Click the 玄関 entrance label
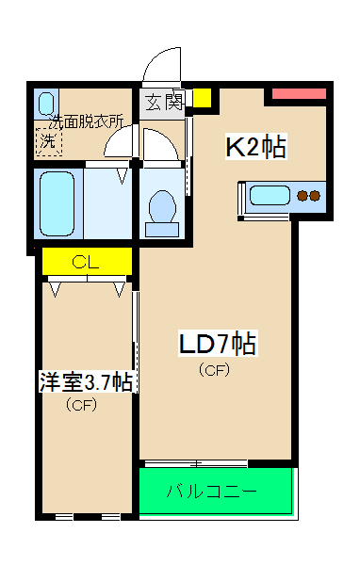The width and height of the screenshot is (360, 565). pos(163,102)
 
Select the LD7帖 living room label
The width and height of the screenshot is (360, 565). pos(218,343)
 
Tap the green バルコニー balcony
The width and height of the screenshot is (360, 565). pos(216,491)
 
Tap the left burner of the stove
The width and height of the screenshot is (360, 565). pos(303,197)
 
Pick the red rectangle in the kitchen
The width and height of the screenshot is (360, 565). pos(300,94)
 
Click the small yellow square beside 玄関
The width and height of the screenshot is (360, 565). pos(202,99)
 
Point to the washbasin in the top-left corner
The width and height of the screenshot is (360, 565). pos(47,101)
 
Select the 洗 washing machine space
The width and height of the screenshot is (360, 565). pos(48,140)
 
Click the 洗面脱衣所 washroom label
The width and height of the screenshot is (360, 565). pos(87,121)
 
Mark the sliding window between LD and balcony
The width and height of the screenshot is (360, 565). pos(196,463)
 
